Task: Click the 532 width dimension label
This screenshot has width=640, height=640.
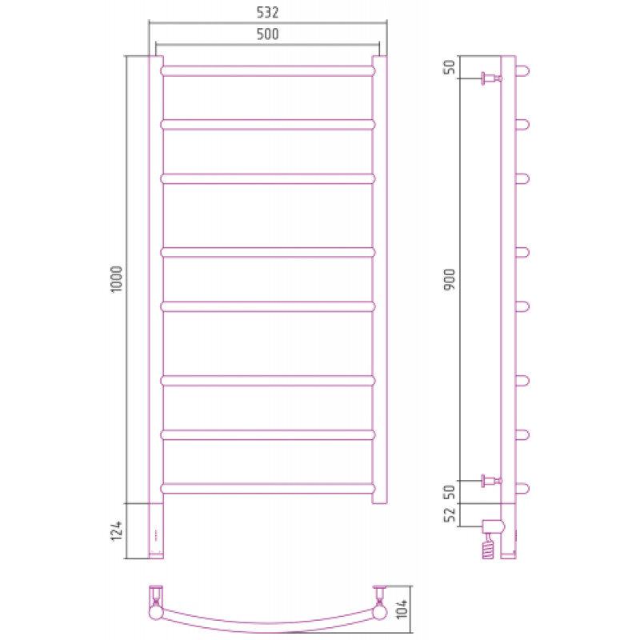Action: [267, 12]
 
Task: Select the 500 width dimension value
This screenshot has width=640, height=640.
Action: [267, 34]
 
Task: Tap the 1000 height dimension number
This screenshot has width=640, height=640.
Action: [117, 278]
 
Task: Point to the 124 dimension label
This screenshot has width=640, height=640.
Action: [117, 530]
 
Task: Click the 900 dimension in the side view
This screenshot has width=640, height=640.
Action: [450, 279]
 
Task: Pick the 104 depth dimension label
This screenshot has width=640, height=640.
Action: [402, 608]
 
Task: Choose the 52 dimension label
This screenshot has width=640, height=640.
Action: [450, 515]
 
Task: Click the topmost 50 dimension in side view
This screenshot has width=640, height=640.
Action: [450, 66]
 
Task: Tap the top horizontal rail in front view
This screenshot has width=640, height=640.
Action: [267, 70]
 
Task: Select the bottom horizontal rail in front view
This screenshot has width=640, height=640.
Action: [267, 488]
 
